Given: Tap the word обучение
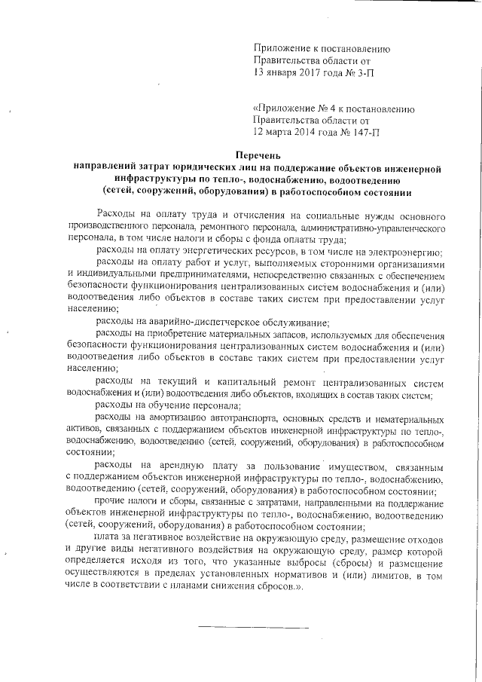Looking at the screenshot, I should [166, 404].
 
